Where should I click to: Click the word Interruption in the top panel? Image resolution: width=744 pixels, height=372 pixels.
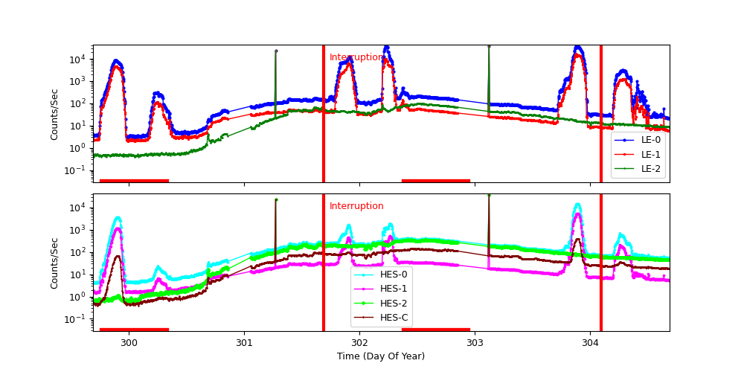[356, 57]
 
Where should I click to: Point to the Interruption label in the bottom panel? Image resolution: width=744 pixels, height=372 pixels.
[356, 206]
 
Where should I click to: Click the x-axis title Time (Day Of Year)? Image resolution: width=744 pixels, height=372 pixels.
[381, 356]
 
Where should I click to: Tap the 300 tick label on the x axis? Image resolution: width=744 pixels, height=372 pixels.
[129, 342]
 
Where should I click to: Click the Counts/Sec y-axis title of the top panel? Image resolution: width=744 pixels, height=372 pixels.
[54, 113]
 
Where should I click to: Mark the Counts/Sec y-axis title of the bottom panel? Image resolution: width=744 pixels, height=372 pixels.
[54, 262]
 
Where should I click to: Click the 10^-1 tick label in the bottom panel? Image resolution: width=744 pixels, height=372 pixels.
[77, 319]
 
